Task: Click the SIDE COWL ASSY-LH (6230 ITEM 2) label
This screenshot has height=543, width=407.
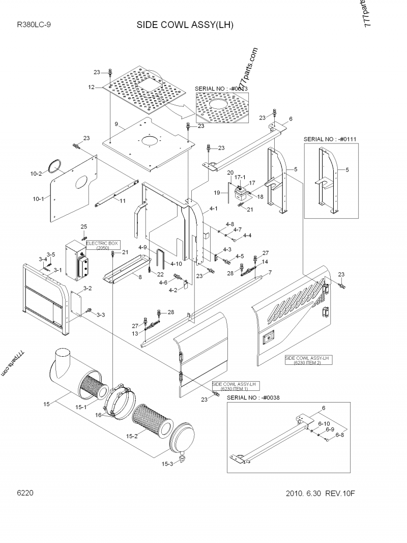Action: [308, 360]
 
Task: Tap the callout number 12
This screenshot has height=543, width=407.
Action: [92, 88]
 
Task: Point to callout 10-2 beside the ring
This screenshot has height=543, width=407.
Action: [36, 174]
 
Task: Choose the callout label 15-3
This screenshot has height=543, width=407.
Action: [167, 464]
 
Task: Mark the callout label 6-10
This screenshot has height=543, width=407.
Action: [324, 423]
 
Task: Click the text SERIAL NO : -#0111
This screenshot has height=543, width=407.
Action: [330, 138]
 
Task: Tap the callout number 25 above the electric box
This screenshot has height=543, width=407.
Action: [84, 226]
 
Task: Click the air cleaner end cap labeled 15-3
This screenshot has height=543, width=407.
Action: [182, 438]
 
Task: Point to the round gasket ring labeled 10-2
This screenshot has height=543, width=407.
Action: [55, 165]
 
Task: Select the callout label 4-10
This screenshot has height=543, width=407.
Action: [177, 264]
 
